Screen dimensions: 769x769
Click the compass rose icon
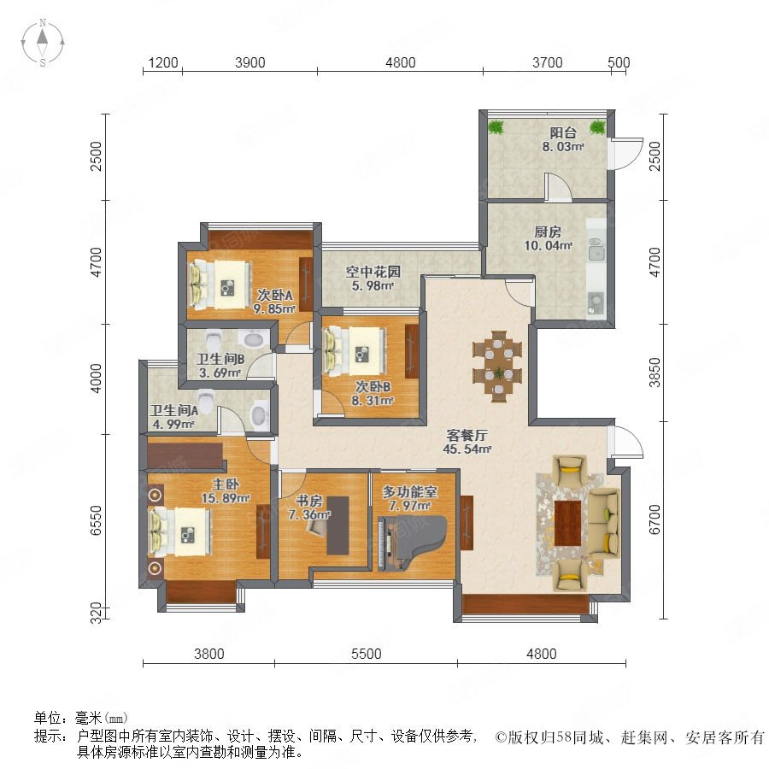[x=43, y=42]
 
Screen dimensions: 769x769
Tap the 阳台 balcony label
[x=562, y=132]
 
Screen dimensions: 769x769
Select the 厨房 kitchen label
[x=548, y=232]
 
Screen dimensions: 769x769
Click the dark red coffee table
[x=567, y=523]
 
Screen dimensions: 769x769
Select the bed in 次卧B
[x=354, y=351]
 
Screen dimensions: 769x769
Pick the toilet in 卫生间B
[x=214, y=339]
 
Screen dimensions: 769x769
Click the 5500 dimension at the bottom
[x=367, y=654]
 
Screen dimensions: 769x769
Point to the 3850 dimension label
[x=655, y=373]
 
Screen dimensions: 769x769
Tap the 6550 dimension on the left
[x=97, y=521]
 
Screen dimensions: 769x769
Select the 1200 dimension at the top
[x=163, y=62]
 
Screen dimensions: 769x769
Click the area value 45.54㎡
[x=467, y=449]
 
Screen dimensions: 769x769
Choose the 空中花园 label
[x=373, y=271]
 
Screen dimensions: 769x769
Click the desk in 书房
[x=338, y=525]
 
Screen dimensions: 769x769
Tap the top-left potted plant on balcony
[x=496, y=127]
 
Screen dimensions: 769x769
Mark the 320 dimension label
[x=97, y=613]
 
